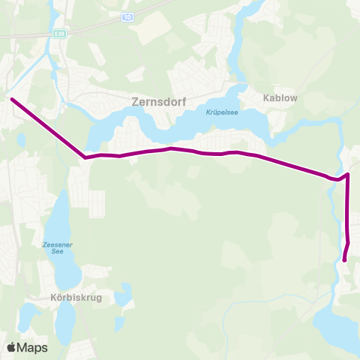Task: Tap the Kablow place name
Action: coord(280,97)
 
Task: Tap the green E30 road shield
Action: coord(60,34)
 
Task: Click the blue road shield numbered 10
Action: coord(128,16)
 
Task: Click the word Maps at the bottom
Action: coord(33,347)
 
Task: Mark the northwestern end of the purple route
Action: coord(11,98)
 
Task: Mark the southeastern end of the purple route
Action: coord(344,260)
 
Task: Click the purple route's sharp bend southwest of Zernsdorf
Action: coord(85,157)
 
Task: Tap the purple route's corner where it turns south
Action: coord(347,175)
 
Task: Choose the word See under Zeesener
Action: coord(57,253)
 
